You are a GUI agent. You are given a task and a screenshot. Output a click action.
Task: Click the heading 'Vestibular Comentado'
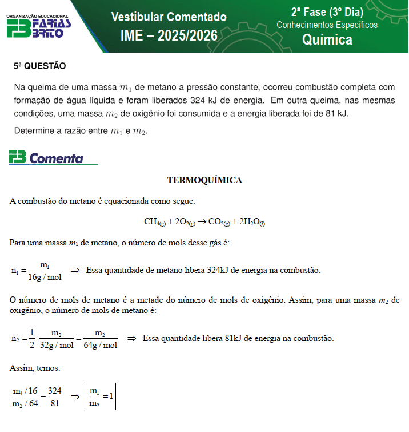pos(169,17)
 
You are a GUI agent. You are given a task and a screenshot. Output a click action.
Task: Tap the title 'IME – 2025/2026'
pos(169,36)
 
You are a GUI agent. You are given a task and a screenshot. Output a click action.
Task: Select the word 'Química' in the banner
pos(327,39)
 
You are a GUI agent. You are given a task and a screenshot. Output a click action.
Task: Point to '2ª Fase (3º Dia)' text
pos(327,12)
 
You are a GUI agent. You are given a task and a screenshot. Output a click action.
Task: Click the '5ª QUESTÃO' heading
pos(39,66)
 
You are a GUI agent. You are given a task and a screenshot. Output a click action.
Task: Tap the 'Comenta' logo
pos(46,158)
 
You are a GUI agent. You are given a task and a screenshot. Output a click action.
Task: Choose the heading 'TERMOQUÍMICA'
pos(204,180)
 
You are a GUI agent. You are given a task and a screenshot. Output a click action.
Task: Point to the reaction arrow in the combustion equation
pos(202,222)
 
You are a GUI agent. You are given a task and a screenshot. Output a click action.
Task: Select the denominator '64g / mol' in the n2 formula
pos(100,345)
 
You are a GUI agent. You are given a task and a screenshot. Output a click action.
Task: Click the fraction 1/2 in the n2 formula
pos(33,338)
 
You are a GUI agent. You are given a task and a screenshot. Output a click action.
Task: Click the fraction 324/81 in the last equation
pos(54,397)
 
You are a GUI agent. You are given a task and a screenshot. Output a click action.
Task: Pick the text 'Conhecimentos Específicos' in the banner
pos(327,25)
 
